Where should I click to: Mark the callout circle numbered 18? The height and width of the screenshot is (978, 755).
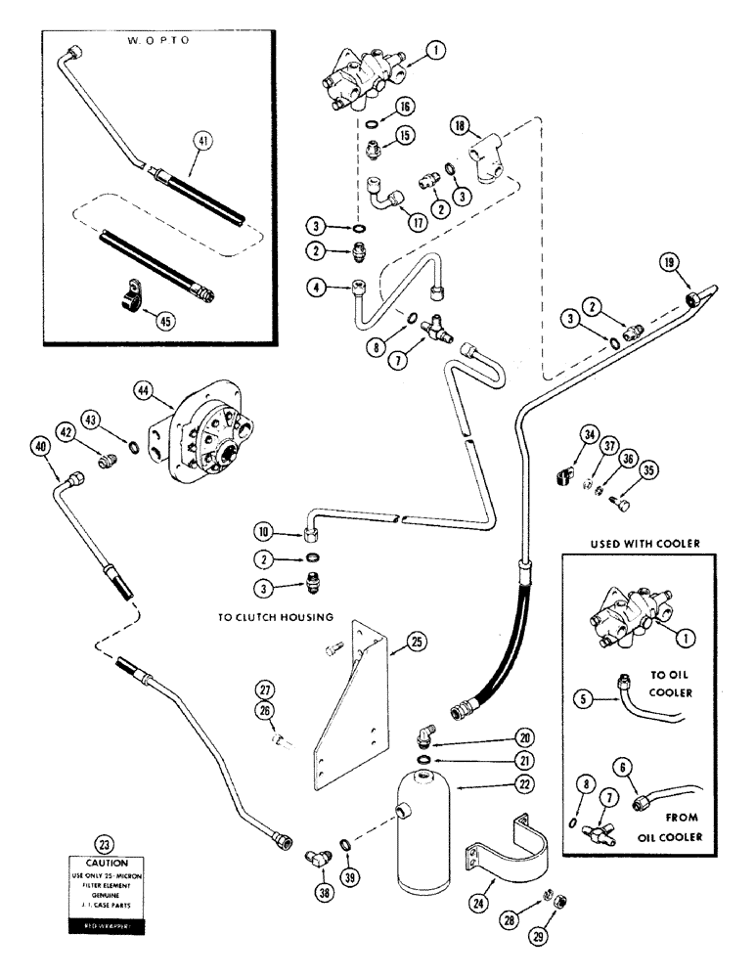(x=462, y=124)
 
